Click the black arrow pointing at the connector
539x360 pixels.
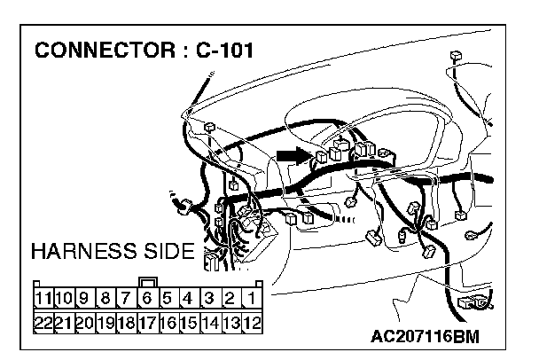tap(290, 155)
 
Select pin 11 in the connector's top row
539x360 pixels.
tap(43, 299)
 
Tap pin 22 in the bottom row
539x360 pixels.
tap(43, 323)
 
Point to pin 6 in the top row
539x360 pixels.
tap(147, 299)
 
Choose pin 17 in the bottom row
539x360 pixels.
tap(147, 323)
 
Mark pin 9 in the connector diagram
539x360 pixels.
tap(85, 299)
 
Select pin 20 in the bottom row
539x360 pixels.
tap(85, 323)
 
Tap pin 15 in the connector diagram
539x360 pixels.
tap(189, 323)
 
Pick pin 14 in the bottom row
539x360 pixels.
tap(210, 323)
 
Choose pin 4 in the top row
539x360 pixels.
tap(189, 299)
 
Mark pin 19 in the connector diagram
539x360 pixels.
tap(105, 323)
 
